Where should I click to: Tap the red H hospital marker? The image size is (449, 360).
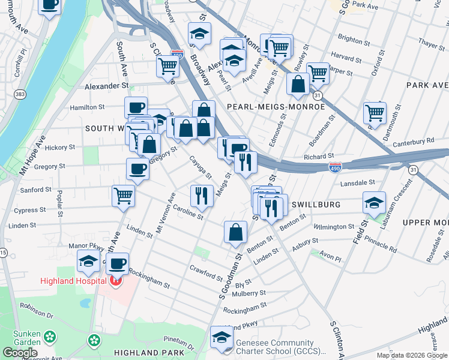point(115,280)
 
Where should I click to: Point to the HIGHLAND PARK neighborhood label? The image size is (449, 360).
point(146,353)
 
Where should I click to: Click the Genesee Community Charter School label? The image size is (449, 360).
point(275,347)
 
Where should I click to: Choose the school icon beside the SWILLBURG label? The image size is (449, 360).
point(374,203)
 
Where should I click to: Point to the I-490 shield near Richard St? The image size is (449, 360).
point(335,167)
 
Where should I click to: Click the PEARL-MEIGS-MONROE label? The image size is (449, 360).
point(276,107)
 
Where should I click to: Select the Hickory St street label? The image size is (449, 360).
point(59,147)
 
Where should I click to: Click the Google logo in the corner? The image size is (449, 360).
point(19,353)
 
